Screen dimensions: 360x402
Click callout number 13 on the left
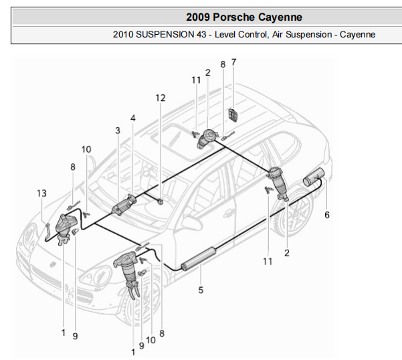pyautogui.click(x=41, y=193)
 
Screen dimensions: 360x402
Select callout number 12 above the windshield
pyautogui.click(x=160, y=98)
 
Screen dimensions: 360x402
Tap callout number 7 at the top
pyautogui.click(x=233, y=62)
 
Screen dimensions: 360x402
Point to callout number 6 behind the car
pyautogui.click(x=327, y=215)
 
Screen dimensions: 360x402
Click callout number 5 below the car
pyautogui.click(x=200, y=290)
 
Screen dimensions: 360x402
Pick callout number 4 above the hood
pyautogui.click(x=132, y=118)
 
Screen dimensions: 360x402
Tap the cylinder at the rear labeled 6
pyautogui.click(x=312, y=179)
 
